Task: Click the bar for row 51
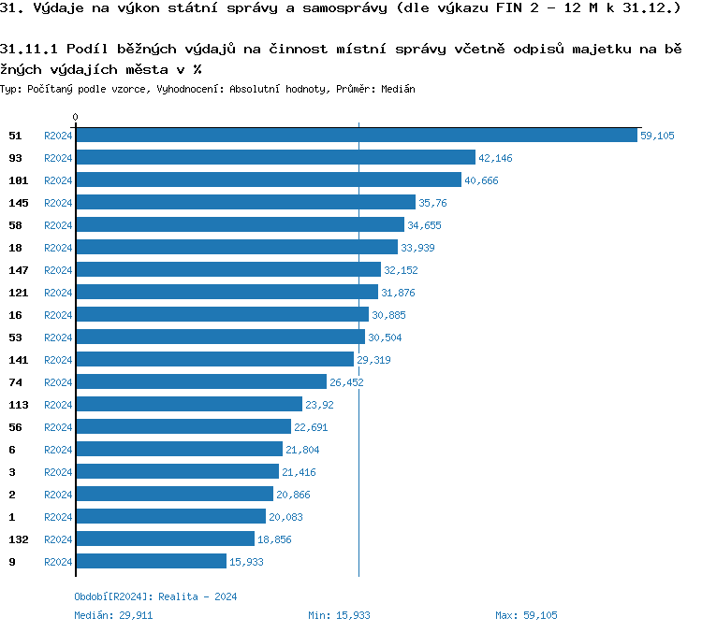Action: [356, 136]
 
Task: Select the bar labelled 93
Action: [275, 158]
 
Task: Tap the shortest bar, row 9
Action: [151, 562]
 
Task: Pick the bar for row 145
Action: [245, 203]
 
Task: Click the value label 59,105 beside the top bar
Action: [657, 136]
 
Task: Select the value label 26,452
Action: [346, 382]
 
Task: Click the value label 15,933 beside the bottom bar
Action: [246, 562]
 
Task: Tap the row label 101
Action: [18, 180]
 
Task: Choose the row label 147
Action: [18, 270]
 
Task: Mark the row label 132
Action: [18, 539]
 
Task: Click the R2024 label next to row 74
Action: [58, 382]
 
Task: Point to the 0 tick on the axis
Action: [76, 118]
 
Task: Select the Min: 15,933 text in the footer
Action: [339, 615]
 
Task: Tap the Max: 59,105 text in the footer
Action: [526, 615]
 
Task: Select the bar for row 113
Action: [189, 405]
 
